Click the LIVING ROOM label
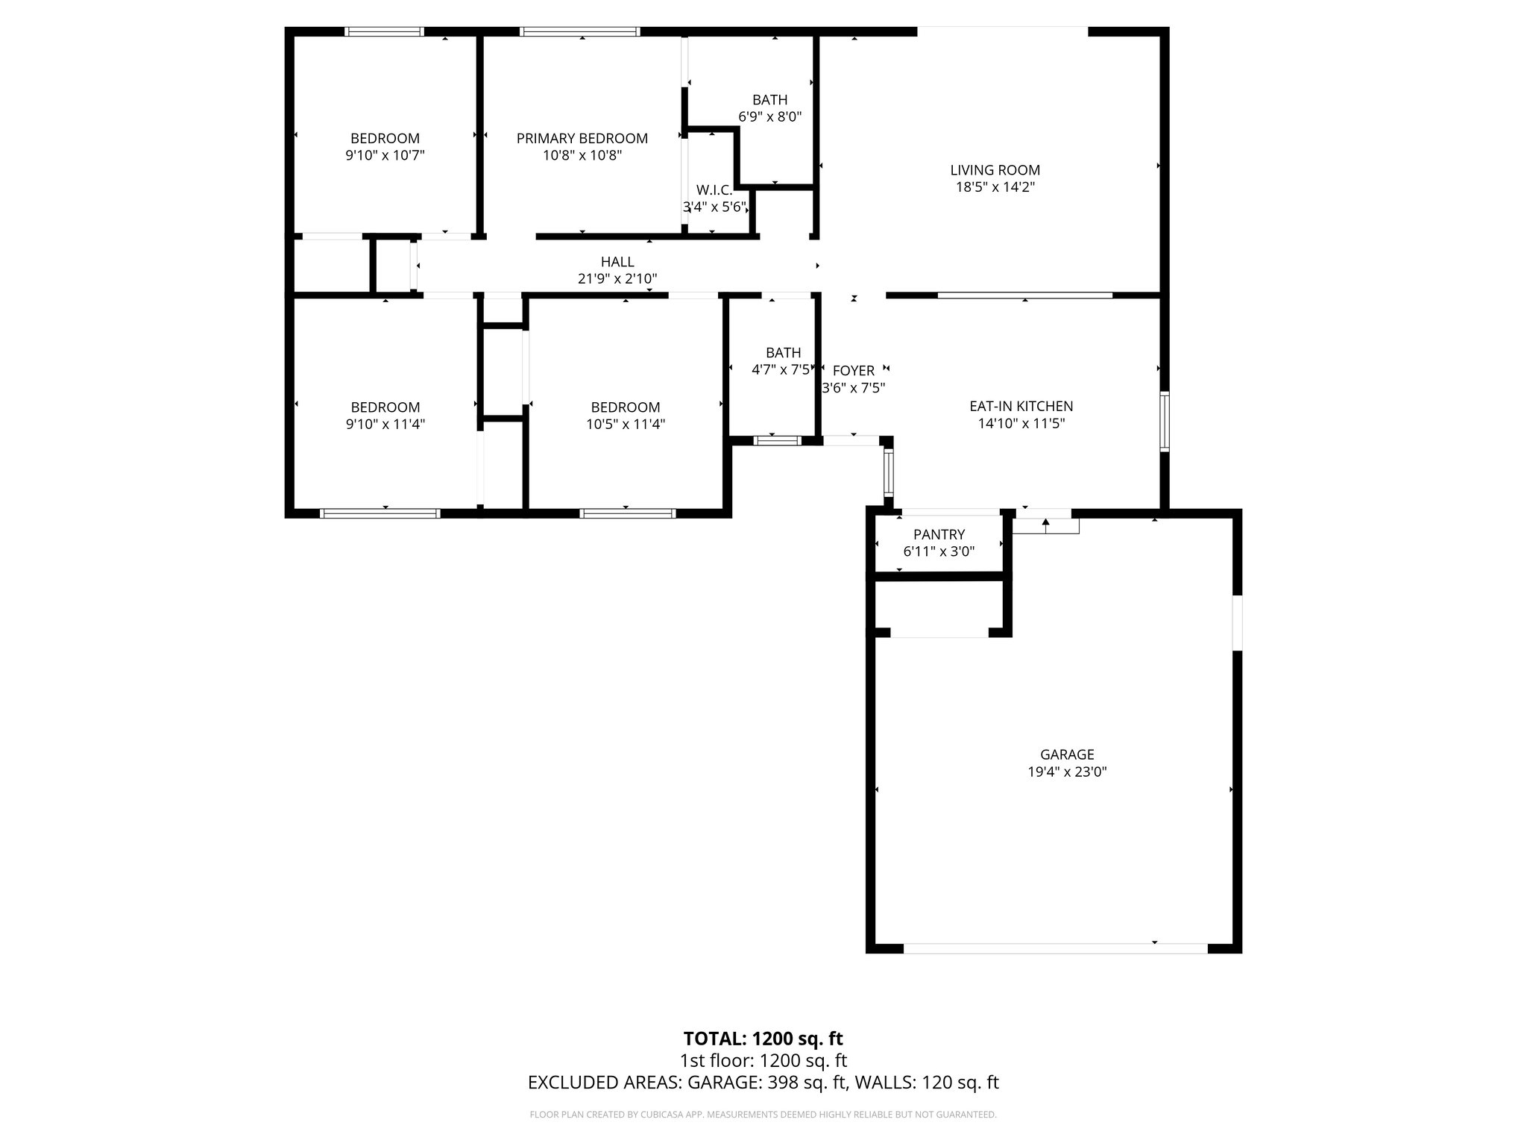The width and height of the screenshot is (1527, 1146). point(995,170)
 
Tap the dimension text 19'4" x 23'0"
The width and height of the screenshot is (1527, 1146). point(1067,771)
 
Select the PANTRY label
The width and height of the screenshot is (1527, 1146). point(939,534)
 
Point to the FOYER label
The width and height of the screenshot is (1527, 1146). point(853,371)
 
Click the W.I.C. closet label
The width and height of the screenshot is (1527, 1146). point(714,190)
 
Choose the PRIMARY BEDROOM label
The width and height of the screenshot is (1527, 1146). point(582,138)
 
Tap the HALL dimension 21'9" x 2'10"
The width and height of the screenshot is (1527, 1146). point(617,279)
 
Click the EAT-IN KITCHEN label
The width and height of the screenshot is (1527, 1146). point(1021,406)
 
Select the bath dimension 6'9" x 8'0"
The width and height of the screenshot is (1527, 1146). point(769,116)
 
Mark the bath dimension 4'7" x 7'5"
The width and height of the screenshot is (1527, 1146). point(781,369)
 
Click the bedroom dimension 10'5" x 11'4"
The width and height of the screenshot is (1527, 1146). point(625,424)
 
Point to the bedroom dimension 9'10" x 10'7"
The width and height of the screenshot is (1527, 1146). point(385,155)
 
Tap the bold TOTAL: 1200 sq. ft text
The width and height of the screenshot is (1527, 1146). point(763,1039)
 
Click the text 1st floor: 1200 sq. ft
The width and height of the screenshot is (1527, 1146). point(763,1060)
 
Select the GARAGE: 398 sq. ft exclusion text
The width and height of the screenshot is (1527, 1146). point(767,1083)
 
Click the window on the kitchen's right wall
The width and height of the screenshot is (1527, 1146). point(1164,422)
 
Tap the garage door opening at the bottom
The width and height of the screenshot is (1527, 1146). point(1054,948)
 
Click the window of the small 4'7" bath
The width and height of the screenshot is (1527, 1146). point(777,441)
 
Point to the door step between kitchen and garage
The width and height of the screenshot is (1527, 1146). point(1045,526)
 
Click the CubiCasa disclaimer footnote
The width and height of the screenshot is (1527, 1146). point(763,1115)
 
